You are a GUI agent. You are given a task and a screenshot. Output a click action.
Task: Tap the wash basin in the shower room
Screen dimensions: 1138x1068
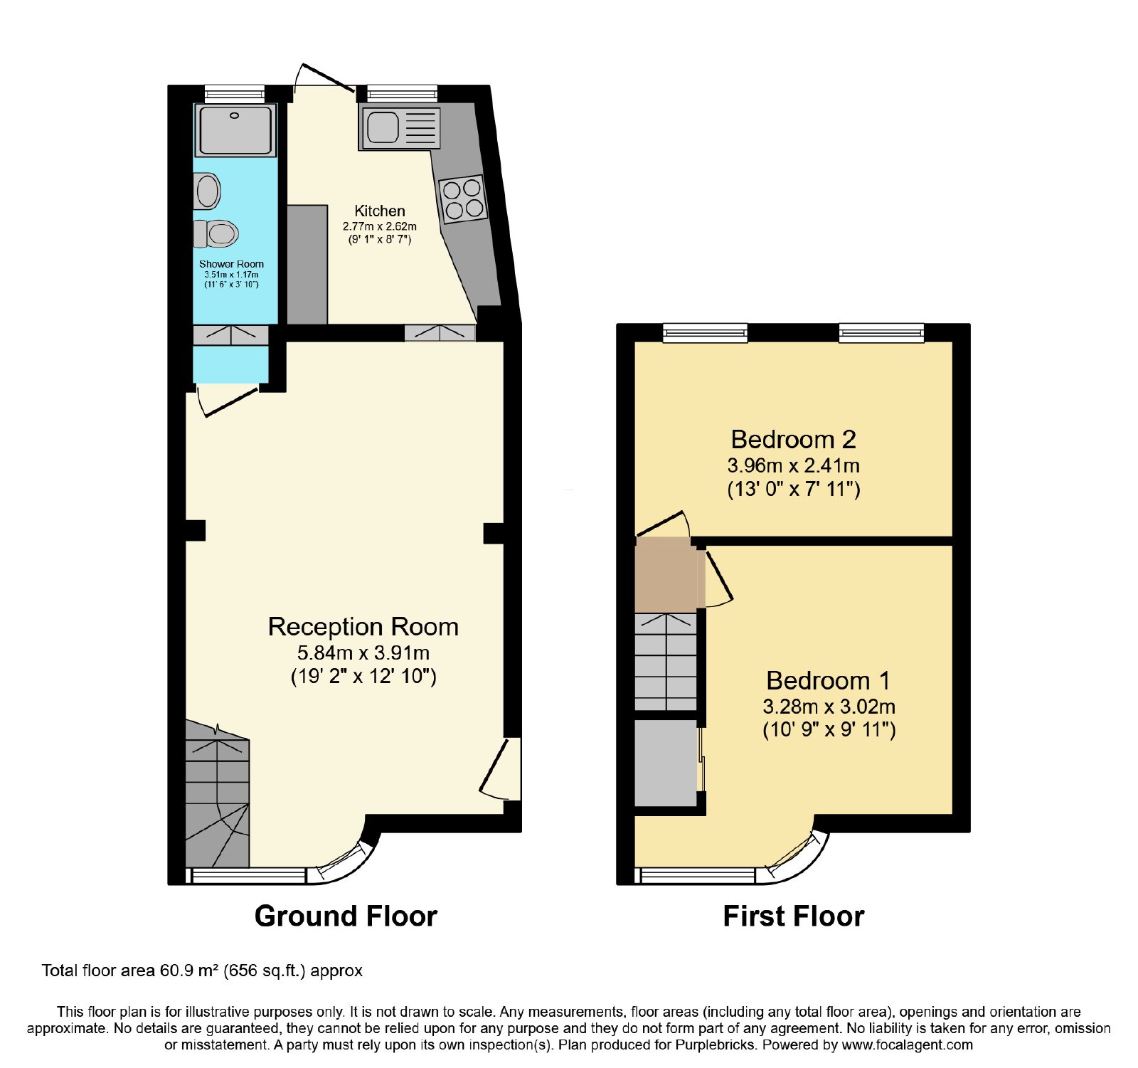[207, 191]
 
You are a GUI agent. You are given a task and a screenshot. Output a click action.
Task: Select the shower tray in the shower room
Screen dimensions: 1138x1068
[235, 130]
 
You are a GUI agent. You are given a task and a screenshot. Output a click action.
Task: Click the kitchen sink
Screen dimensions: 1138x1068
[400, 128]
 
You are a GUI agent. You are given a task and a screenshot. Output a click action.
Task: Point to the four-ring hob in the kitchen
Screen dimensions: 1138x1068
[464, 199]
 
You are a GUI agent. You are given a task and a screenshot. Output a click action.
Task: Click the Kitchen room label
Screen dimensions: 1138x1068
[380, 211]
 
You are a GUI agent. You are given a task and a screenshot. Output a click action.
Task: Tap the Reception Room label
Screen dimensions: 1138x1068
[363, 626]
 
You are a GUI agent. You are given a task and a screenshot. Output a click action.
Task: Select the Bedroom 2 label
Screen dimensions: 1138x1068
[793, 439]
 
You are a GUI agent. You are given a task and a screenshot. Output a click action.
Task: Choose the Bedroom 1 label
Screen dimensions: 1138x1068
[829, 680]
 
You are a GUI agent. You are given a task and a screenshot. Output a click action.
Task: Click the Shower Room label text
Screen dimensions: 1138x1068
[231, 264]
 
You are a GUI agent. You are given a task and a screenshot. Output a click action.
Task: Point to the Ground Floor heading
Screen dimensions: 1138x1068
[346, 916]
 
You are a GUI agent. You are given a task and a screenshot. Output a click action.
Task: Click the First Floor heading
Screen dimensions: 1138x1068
[794, 916]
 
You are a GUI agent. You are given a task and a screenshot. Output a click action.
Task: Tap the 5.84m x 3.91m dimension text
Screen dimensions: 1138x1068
[363, 652]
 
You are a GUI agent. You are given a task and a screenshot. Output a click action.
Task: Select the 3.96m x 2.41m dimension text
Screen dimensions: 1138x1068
[793, 465]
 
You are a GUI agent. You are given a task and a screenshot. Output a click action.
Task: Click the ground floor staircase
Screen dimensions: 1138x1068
[217, 793]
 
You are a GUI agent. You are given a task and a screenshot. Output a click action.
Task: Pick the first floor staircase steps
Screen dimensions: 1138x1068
[666, 661]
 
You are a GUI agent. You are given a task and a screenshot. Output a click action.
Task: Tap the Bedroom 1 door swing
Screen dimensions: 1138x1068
[718, 578]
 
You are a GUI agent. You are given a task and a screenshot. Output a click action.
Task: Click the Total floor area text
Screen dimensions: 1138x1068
[202, 971]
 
